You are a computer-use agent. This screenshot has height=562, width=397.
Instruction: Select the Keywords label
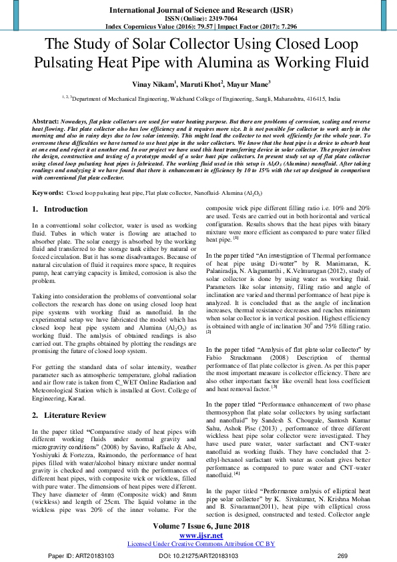coord(48,192)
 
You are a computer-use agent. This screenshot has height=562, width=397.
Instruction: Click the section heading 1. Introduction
coord(61,209)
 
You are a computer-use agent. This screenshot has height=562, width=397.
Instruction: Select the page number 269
coord(342,555)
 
